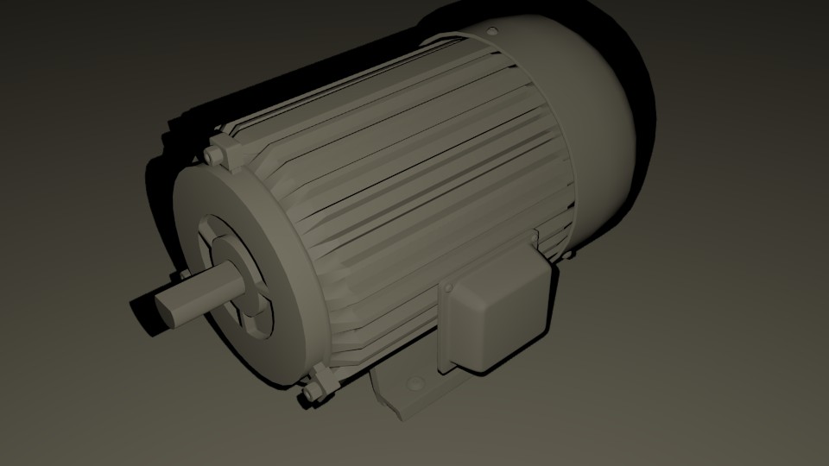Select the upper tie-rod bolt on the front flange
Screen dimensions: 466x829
[x=215, y=154]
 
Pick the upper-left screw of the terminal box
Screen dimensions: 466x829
[x=450, y=287]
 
